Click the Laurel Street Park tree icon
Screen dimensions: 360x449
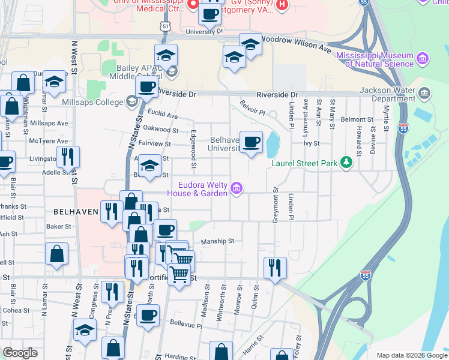pyautogui.click(x=346, y=162)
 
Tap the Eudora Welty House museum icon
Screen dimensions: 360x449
pyautogui.click(x=237, y=189)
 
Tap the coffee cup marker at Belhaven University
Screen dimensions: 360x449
pyautogui.click(x=252, y=142)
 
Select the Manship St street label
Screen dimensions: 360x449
pyautogui.click(x=217, y=241)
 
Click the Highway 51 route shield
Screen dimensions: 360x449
pyautogui.click(x=165, y=26)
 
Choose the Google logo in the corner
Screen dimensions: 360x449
pyautogui.click(x=20, y=353)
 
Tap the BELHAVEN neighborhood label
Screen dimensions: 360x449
pyautogui.click(x=75, y=212)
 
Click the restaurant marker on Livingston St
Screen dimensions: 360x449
pyautogui.click(x=68, y=157)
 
